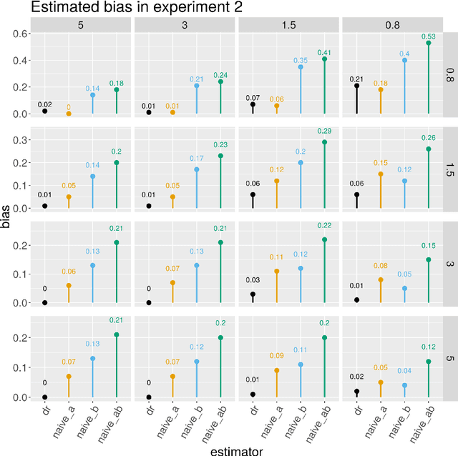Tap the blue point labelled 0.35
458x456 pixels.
point(301,67)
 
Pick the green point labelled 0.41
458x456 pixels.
point(324,59)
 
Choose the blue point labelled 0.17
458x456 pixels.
point(197,169)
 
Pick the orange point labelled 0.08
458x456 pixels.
point(380,280)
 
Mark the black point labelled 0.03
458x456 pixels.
point(253,294)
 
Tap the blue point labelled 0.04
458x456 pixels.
point(404,385)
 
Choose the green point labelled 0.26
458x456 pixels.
point(428,149)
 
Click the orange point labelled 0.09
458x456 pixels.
point(276,370)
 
